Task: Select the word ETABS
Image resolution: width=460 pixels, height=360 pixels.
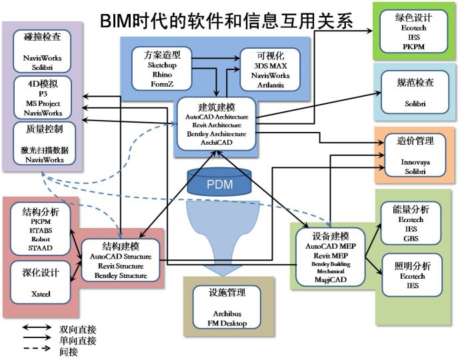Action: pos(41,230)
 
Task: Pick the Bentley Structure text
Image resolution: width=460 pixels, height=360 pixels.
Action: pos(121,275)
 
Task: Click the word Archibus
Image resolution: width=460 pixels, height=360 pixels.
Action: pos(227,314)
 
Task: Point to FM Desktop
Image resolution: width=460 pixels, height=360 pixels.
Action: pos(227,323)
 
